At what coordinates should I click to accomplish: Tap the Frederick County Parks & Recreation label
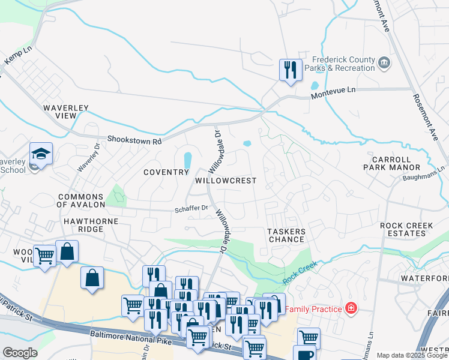tap(343, 64)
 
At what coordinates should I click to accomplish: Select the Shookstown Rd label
tap(134, 140)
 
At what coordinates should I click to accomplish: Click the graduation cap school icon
tap(41, 154)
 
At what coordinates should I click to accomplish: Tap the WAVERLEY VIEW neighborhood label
tap(65, 112)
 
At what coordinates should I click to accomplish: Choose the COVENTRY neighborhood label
tap(166, 172)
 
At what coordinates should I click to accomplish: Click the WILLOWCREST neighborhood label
tap(226, 181)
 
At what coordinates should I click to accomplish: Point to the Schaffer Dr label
tap(191, 208)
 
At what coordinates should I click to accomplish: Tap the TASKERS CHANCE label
tap(286, 235)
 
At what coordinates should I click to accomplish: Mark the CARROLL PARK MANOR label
tap(393, 163)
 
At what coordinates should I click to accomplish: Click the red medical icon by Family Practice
tap(351, 309)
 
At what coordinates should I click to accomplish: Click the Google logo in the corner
tap(20, 353)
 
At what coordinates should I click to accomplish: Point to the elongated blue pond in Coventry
tap(187, 160)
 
